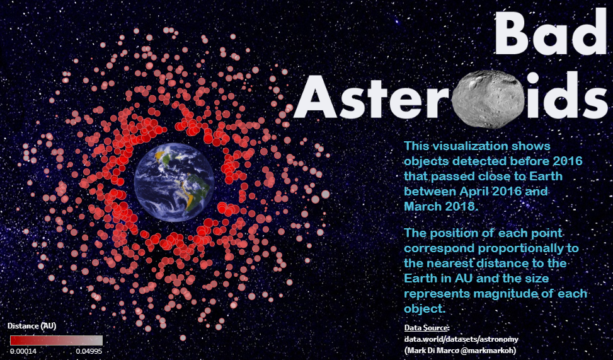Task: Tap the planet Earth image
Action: (x=175, y=182)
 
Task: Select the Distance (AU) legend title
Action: (x=32, y=325)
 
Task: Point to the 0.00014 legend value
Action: (x=23, y=351)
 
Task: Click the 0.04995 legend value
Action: (x=89, y=351)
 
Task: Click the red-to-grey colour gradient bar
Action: (x=56, y=340)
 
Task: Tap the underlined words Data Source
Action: (x=427, y=328)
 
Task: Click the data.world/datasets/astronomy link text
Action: (x=461, y=339)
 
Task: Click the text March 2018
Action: (x=440, y=206)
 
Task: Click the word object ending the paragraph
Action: (x=425, y=309)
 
